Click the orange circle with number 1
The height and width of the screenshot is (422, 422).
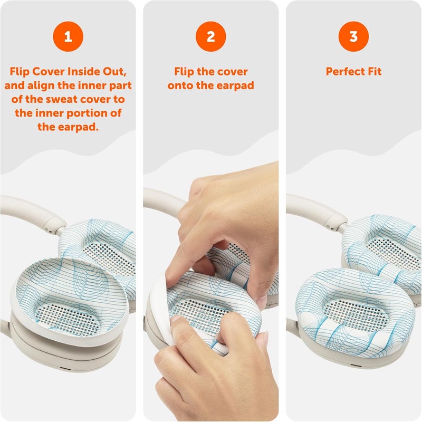[x=68, y=36]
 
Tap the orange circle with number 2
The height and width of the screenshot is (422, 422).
[x=210, y=36]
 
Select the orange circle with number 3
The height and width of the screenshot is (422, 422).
[x=353, y=36]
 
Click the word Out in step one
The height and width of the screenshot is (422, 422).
[x=114, y=72]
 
